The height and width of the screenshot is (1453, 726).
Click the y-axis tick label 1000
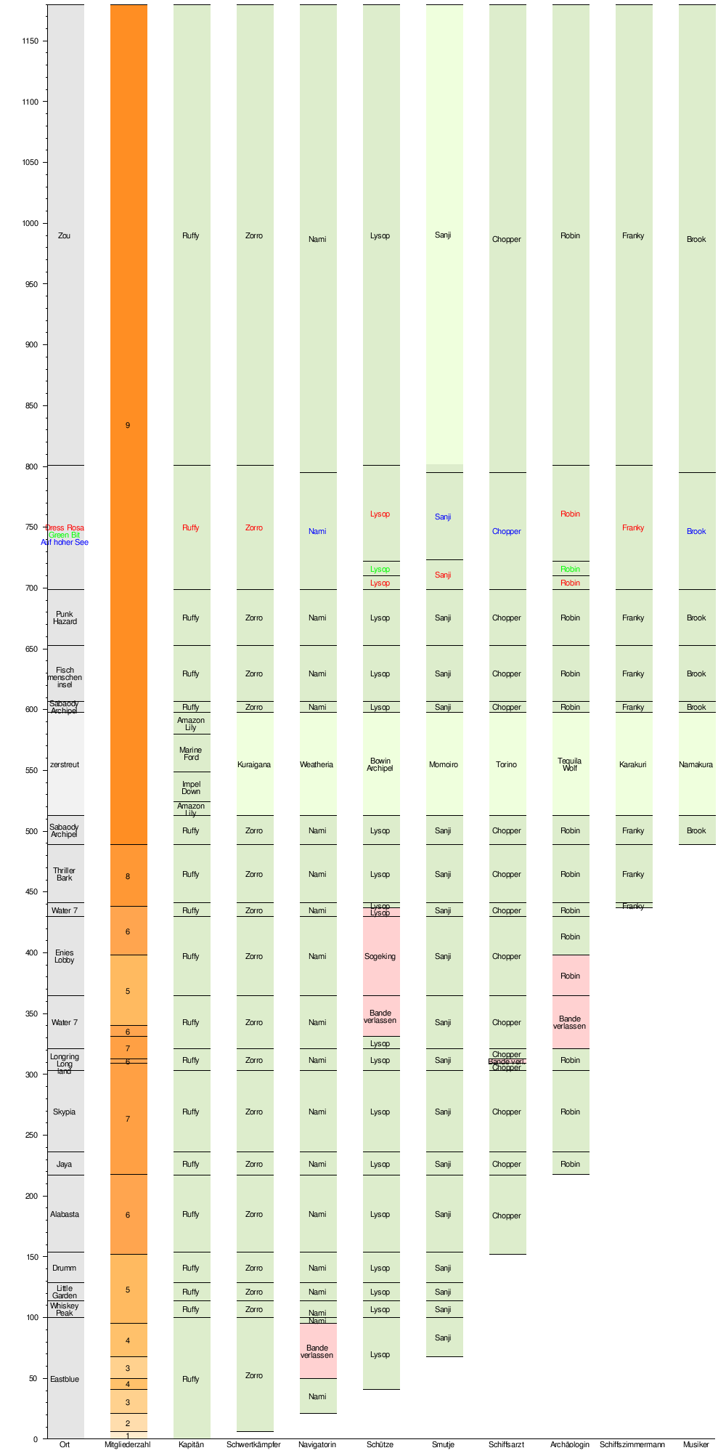tap(29, 223)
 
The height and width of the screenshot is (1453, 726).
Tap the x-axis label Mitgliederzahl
tap(127, 1444)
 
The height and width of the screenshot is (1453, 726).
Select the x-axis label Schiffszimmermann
tap(632, 1444)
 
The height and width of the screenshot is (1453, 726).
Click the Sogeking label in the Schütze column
tap(380, 956)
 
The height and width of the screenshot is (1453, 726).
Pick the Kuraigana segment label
tap(254, 764)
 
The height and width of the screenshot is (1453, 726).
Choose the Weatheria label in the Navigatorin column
tap(317, 764)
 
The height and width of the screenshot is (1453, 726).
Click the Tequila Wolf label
tap(570, 764)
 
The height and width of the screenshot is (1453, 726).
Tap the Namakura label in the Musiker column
tap(696, 764)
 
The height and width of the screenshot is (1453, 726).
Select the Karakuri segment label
tap(632, 764)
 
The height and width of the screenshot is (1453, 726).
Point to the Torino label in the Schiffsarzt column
tap(506, 764)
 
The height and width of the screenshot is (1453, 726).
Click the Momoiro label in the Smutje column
tap(443, 764)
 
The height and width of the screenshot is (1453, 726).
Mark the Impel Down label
tap(191, 788)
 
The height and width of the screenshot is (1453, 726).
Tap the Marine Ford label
tap(191, 753)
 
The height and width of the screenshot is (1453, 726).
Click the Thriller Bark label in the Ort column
tap(65, 874)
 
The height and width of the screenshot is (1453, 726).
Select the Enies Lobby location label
tap(65, 956)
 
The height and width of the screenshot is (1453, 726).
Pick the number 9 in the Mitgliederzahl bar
tap(128, 425)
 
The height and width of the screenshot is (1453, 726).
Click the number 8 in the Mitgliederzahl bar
tap(128, 876)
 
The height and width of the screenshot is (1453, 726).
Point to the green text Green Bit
tap(65, 535)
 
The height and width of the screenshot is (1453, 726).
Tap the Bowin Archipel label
tap(380, 764)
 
